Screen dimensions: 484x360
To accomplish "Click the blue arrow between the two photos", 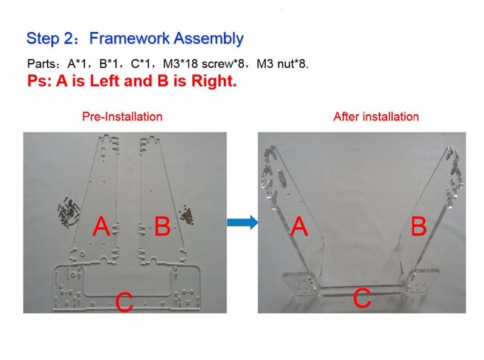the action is [x=243, y=222].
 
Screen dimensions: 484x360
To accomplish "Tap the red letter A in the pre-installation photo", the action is [x=102, y=226].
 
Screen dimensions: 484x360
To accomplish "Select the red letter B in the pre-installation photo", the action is [x=162, y=226].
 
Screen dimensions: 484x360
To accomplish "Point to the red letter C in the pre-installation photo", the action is [x=125, y=302].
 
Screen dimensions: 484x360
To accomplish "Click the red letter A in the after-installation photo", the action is [x=299, y=226].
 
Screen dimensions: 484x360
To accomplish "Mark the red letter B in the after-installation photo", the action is [x=419, y=226].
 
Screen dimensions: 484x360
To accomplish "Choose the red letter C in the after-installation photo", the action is [x=362, y=298].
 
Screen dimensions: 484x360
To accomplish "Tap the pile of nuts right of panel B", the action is [x=186, y=214].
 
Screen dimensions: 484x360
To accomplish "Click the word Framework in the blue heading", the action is [x=129, y=38].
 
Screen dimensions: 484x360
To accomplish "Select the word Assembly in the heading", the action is [x=209, y=39].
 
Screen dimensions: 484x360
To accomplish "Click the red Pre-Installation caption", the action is [x=122, y=117].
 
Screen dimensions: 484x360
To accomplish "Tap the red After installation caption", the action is [x=376, y=117].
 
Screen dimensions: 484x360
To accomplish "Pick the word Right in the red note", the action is [x=214, y=82].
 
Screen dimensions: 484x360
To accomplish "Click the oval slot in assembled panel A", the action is [x=283, y=179].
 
